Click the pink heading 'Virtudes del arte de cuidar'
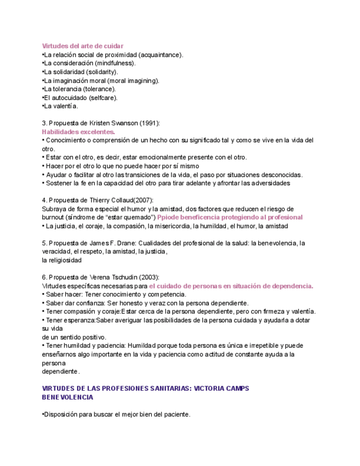click(x=82, y=46)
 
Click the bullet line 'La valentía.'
click(x=61, y=106)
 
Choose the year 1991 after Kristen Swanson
click(x=149, y=123)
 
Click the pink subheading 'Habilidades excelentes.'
click(x=79, y=132)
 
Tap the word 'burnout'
click(x=53, y=217)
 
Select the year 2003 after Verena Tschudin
click(x=151, y=277)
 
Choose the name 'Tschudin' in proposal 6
click(x=126, y=277)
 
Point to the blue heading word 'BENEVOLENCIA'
click(x=68, y=397)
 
